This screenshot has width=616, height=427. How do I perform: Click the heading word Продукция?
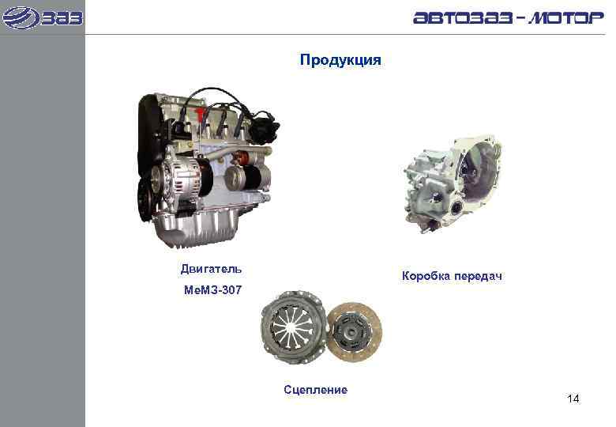coord(340,60)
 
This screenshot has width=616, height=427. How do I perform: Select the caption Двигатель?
coord(212,270)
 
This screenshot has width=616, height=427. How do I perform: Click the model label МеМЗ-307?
coord(212,291)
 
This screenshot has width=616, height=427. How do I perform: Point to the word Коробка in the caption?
coord(427,276)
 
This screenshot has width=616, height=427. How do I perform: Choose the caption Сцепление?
coord(315,389)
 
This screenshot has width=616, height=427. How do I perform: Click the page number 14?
coord(573,399)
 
